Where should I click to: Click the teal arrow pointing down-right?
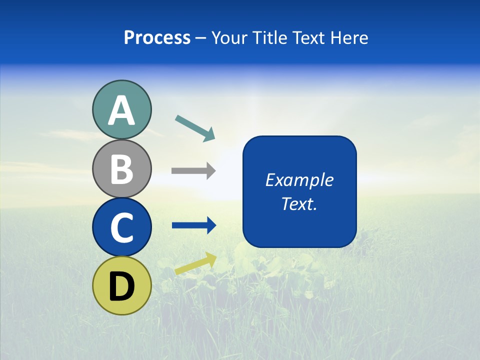(x=195, y=127)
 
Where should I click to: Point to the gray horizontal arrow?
(x=193, y=171)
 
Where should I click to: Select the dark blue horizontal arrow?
(x=193, y=225)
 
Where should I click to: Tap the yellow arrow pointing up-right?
(x=195, y=264)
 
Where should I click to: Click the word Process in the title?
(x=157, y=38)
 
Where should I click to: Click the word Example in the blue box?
(x=299, y=180)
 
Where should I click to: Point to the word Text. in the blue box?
(x=299, y=203)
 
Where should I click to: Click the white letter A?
(x=121, y=111)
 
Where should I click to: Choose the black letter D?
(x=121, y=287)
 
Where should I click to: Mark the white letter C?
(x=121, y=228)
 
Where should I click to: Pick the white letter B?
(x=121, y=169)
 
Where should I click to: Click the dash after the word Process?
(x=201, y=38)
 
